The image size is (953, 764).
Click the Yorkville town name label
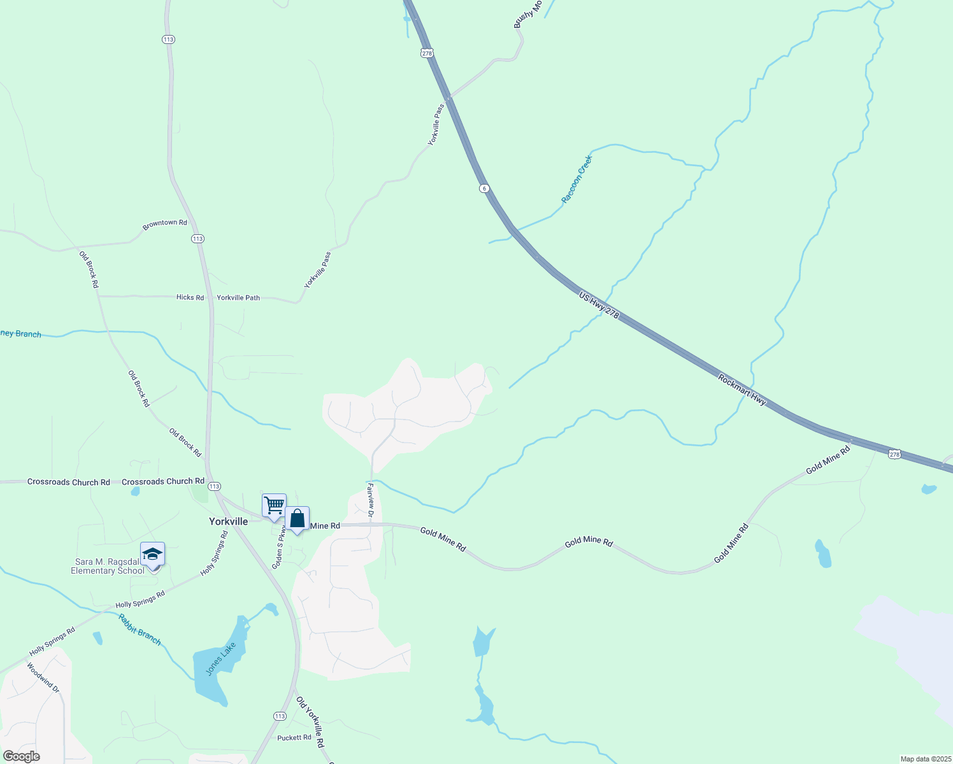coord(228,521)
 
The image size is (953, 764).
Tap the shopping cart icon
coord(274,506)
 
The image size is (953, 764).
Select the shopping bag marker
coord(297,518)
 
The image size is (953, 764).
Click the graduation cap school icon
coord(152,553)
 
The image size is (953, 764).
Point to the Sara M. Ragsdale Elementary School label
coord(108,566)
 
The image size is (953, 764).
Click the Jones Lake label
coord(220,659)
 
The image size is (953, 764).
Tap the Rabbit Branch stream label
coord(140,629)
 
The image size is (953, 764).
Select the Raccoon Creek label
coord(577,179)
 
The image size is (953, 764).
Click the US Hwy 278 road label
coord(599,305)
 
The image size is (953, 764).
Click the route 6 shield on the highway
coord(485,188)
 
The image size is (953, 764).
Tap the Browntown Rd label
coord(165,223)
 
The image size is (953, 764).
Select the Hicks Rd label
coord(190,297)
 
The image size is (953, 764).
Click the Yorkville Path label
coord(238,297)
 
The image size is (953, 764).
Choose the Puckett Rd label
coord(294,737)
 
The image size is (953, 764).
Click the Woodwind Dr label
coord(43,678)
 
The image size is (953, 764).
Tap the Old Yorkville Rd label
coord(310,722)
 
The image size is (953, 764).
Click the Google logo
coord(21,756)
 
